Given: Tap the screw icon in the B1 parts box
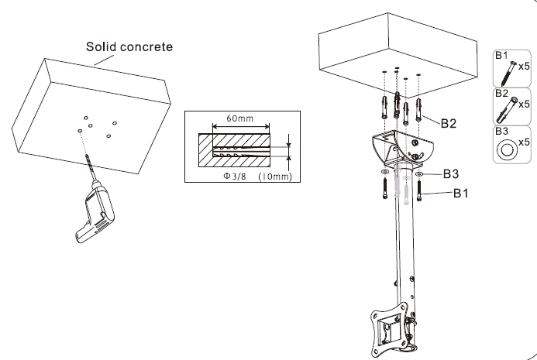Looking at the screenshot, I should pyautogui.click(x=504, y=72).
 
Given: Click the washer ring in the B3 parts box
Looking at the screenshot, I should pyautogui.click(x=506, y=148).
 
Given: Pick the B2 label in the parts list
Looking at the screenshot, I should pyautogui.click(x=501, y=93).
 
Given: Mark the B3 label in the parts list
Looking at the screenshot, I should pyautogui.click(x=501, y=132).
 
